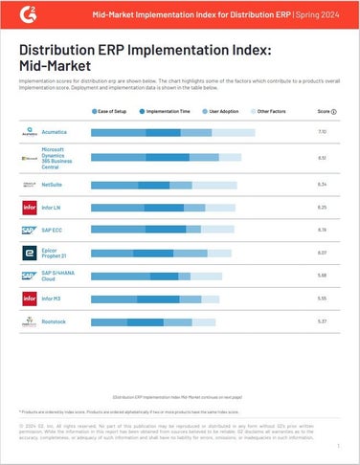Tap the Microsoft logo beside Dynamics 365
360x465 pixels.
[29, 157]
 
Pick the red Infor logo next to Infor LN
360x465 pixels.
[29, 206]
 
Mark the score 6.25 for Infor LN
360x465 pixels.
[323, 206]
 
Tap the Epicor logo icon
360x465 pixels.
[29, 253]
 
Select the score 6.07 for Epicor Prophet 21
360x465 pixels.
[323, 253]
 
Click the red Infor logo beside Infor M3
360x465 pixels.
[29, 299]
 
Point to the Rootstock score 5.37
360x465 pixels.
[323, 322]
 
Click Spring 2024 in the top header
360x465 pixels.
[321, 16]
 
